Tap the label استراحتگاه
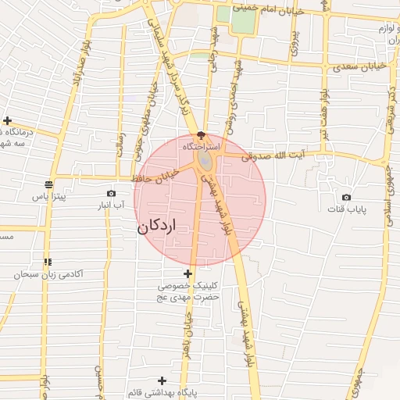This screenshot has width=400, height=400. tap(202, 146)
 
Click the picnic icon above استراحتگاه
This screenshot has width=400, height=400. tap(202, 136)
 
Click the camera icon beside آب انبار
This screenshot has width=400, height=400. tap(111, 193)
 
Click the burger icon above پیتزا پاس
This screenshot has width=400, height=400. tap(49, 186)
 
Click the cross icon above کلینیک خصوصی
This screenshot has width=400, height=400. tap(187, 273)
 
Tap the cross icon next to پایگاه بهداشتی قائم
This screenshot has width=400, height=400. tap(162, 380)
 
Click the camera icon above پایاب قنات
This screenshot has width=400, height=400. tap(346, 197)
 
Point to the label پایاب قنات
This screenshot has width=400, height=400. tap(345, 209)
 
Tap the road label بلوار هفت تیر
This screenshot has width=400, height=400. tap(320, 117)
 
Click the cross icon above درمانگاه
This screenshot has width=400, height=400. tap(8, 120)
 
